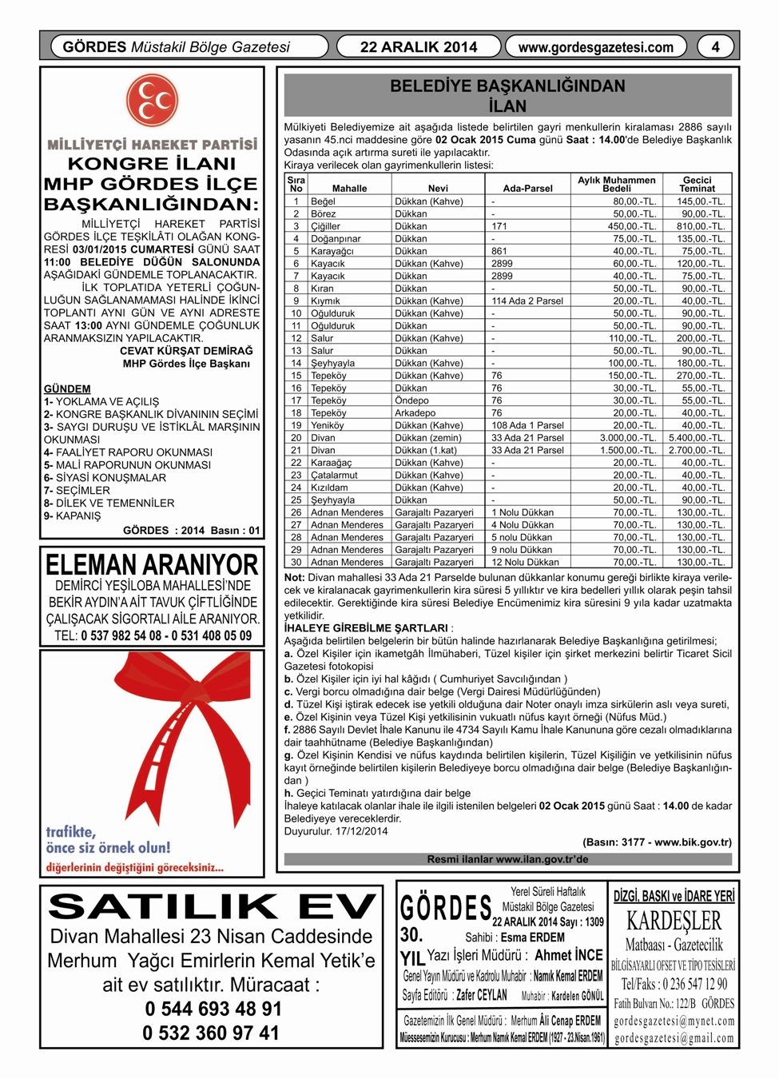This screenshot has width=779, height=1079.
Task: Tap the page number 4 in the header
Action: click(715, 47)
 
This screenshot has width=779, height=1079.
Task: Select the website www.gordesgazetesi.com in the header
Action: click(596, 47)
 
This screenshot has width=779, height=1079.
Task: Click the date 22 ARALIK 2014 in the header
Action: click(419, 47)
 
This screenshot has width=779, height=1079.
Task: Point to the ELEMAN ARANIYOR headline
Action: click(152, 565)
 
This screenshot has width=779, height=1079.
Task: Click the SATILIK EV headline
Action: click(212, 907)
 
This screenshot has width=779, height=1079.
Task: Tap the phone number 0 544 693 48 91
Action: click(213, 1009)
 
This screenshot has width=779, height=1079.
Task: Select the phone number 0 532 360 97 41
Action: click(211, 1033)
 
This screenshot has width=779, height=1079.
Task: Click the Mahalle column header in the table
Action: click(349, 189)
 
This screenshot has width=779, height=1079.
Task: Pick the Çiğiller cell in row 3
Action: click(325, 226)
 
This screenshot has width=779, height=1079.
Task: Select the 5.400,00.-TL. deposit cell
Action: click(697, 438)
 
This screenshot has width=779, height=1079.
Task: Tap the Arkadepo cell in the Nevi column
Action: click(415, 413)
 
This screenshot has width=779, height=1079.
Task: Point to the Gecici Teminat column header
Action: click(697, 185)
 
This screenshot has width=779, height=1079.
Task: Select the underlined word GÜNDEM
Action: click(67, 389)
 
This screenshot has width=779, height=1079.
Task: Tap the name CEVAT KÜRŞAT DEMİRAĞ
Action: click(186, 351)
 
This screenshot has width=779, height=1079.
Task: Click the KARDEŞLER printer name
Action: click(674, 922)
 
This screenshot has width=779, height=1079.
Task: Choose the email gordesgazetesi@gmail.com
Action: click(674, 1037)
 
